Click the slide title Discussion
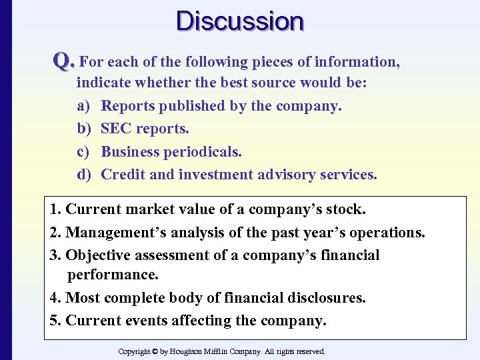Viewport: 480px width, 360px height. pos(240,21)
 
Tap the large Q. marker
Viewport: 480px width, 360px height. pos(64,62)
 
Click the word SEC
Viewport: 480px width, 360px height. pos(117,129)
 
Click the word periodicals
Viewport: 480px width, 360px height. pos(204,152)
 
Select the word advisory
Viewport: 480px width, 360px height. pos(291,175)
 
